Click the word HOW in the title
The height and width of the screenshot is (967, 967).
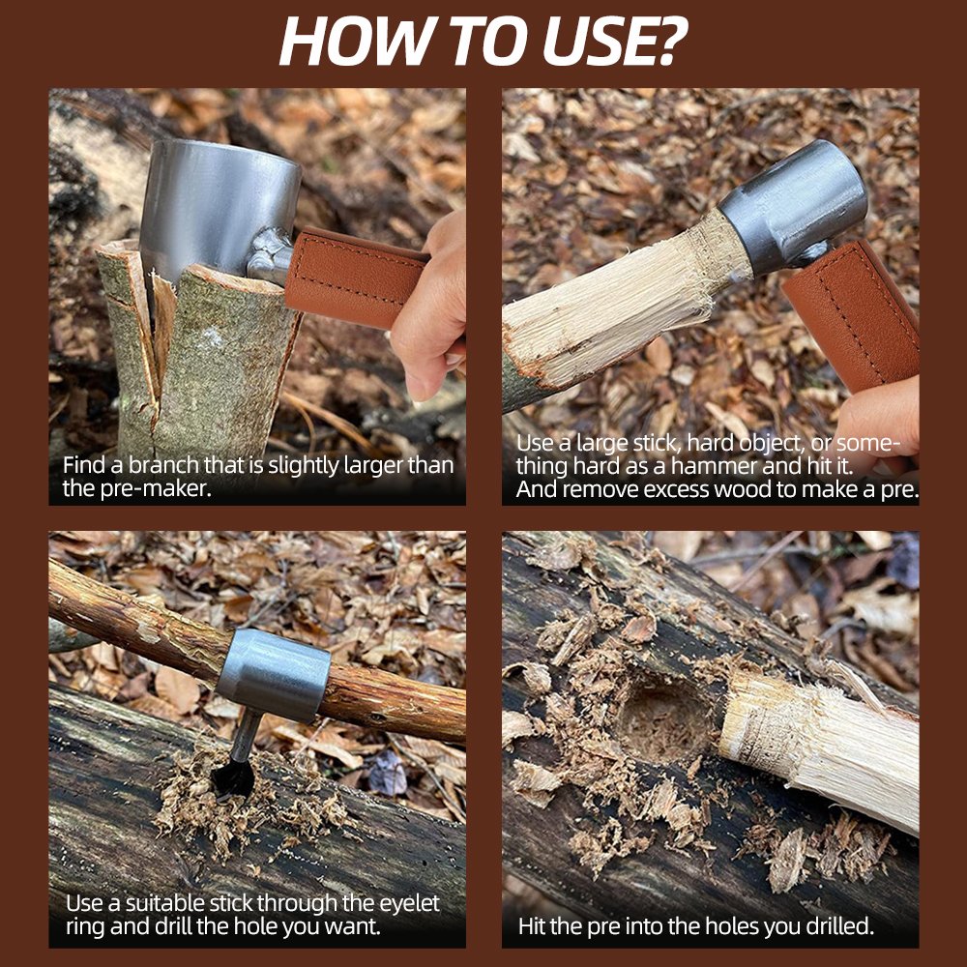coord(355,41)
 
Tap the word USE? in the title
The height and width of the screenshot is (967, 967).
coord(615,41)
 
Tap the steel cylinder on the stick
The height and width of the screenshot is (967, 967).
coord(274,674)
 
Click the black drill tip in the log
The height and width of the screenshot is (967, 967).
coord(233,777)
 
